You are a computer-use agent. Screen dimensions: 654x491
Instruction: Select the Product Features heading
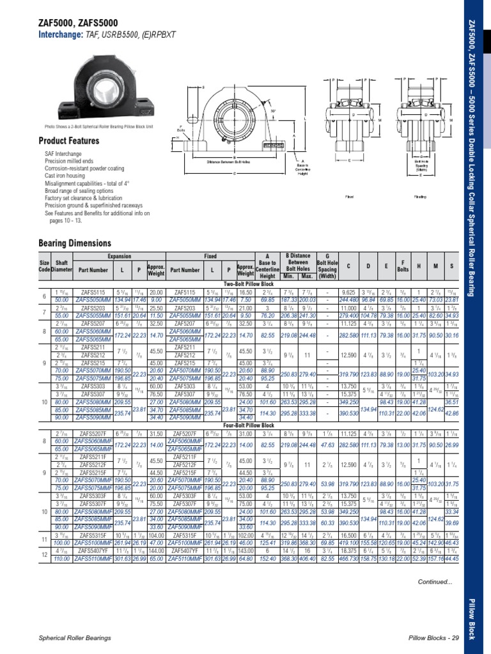tap(69, 141)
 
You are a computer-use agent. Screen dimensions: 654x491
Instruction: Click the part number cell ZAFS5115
tap(93, 291)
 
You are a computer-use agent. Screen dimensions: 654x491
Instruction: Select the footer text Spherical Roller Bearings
tap(76, 638)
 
